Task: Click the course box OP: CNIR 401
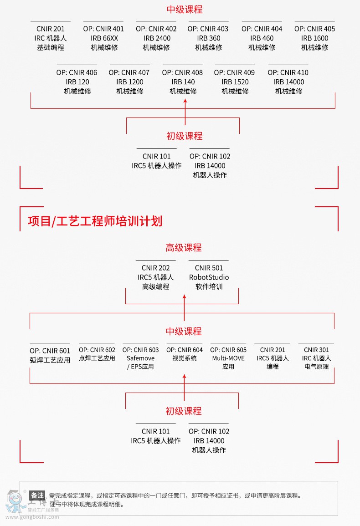coord(103,38)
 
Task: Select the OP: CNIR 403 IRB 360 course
coord(209,38)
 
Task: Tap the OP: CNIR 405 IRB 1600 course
coord(314,38)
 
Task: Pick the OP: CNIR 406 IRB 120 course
coord(77,82)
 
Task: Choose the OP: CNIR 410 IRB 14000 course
coord(288,82)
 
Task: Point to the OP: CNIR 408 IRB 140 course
coord(183,82)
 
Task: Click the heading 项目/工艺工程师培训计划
coord(95,221)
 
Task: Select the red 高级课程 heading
coord(184,248)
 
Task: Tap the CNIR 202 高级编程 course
coord(156,277)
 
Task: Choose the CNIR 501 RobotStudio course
coord(209,277)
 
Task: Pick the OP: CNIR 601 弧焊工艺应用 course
coord(50,355)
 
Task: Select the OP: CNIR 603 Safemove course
coord(141,358)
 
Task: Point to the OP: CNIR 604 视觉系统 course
coord(184,354)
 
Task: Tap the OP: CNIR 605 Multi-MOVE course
coord(228,358)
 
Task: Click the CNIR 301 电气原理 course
coord(316,358)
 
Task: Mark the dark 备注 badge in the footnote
coord(37,495)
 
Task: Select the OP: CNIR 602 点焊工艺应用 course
coord(97,354)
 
